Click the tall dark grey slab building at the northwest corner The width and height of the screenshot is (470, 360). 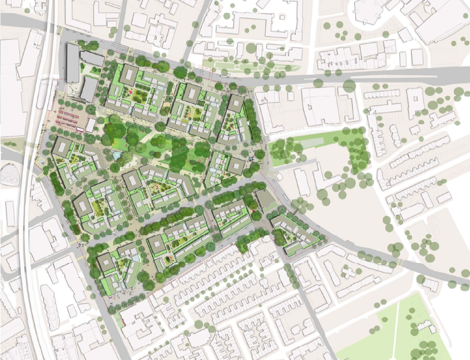[x=73, y=63]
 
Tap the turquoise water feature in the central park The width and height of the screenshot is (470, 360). [x=117, y=156]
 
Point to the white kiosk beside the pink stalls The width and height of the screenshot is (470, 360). [x=91, y=125]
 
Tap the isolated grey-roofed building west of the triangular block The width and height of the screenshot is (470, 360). [x=264, y=199]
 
